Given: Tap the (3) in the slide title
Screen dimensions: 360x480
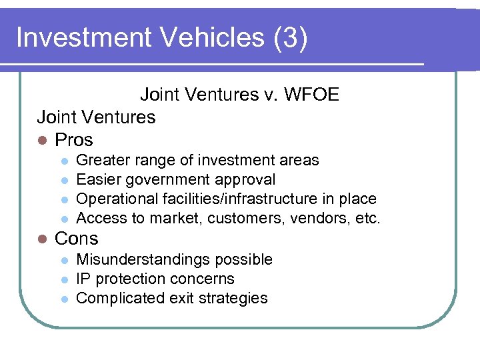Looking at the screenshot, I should coord(291,38).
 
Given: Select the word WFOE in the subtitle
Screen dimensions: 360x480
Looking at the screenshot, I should coord(312,95).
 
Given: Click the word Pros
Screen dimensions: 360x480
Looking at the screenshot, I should coord(74,140).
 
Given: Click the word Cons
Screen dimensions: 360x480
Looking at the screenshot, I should coord(76,239).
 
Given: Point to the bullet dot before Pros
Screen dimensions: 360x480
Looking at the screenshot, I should coord(42,141).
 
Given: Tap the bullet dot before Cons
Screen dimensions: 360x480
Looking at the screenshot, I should coord(42,239).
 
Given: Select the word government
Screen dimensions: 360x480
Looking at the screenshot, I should coord(174,180).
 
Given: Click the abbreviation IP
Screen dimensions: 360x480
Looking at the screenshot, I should coord(83,279).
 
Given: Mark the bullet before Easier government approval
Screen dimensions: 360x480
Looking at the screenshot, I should coord(64,180).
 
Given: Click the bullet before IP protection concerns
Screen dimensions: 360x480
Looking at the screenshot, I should coord(64,279).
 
